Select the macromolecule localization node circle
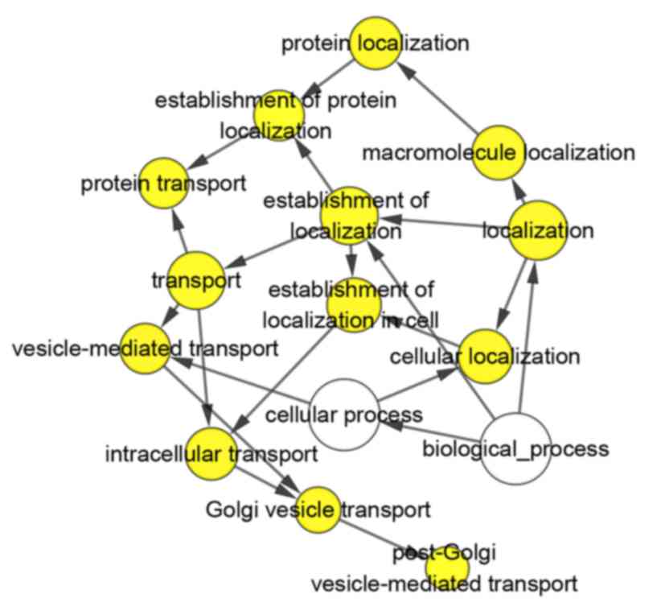pyautogui.click(x=498, y=152)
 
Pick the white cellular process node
pyautogui.click(x=344, y=415)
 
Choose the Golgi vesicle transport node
pyautogui.click(x=318, y=510)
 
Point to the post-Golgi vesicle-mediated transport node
pyautogui.click(x=446, y=568)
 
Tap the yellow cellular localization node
pyautogui.click(x=485, y=355)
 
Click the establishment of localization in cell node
pyautogui.click(x=353, y=304)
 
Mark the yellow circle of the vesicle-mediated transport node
pyautogui.click(x=146, y=349)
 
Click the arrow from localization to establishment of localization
pyautogui.click(x=442, y=223)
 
